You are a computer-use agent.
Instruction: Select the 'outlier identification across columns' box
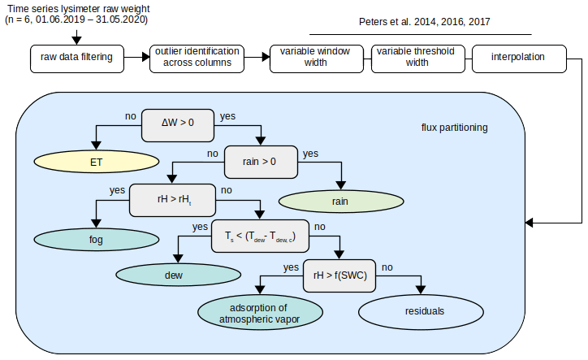coord(196,58)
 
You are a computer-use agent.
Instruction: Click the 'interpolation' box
coord(518,58)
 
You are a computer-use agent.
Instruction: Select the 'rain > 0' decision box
coord(260,161)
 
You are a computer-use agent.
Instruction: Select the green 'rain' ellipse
coord(340,201)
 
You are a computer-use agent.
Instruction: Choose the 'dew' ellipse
coord(175,276)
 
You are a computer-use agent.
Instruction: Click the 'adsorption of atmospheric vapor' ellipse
coord(260,313)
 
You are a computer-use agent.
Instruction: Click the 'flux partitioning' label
coord(455,128)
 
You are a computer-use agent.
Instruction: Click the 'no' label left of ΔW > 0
coord(130,116)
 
